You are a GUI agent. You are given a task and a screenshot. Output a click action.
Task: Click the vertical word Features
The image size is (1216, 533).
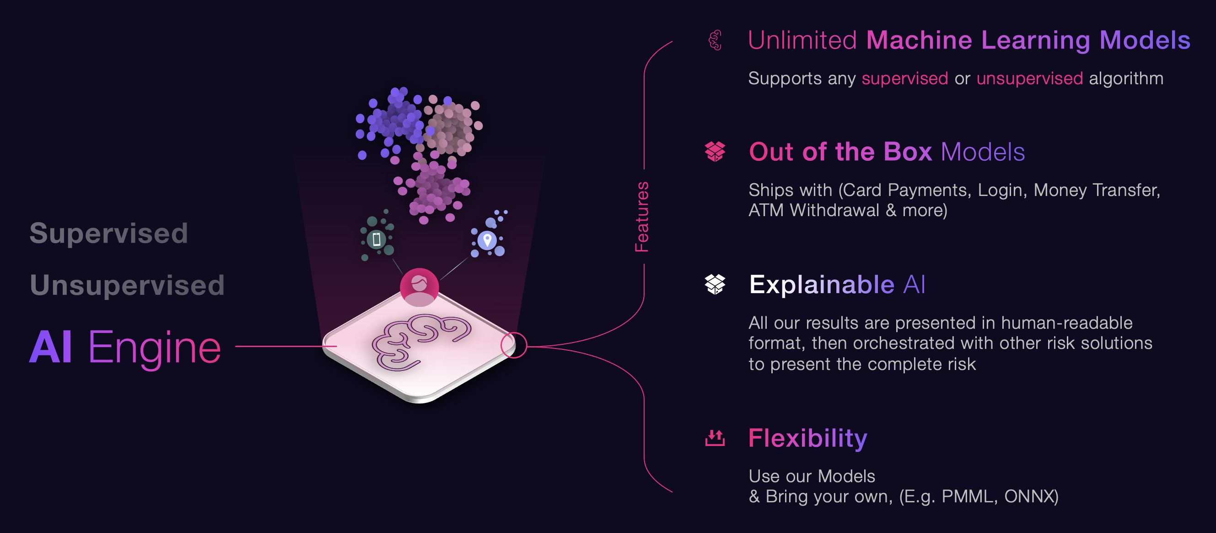pos(642,217)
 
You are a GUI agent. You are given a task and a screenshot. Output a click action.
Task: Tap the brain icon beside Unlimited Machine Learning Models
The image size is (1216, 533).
pos(715,40)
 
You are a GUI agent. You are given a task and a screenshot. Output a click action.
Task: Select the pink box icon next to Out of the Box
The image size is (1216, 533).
pos(715,152)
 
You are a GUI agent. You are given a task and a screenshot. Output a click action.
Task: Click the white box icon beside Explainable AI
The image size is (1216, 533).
pos(715,284)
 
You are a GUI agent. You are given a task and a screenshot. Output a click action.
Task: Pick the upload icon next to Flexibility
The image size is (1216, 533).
pos(715,438)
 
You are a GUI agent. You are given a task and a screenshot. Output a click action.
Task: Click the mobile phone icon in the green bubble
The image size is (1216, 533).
pos(376,239)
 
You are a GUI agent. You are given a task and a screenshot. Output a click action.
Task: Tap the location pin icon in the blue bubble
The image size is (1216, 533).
pos(487,240)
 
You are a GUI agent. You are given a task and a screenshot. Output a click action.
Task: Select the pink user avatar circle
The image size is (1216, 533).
pos(419,287)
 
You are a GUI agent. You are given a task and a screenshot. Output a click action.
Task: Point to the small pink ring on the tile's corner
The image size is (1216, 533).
pos(514,345)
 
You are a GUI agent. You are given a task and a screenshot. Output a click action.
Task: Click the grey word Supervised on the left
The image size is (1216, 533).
pos(108,234)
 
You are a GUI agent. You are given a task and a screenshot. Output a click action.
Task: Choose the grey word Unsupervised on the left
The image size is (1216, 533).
pos(127,285)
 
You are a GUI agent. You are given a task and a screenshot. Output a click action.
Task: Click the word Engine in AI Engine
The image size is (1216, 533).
pos(154,348)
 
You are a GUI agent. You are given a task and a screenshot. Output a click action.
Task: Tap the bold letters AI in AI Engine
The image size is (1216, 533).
pos(50,347)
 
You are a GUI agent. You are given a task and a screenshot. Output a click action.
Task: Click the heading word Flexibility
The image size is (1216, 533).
pos(807,438)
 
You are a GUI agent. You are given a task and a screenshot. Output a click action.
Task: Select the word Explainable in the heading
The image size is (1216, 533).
pos(821,284)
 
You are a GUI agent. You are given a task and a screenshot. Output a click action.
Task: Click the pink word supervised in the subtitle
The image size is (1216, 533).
pos(904,78)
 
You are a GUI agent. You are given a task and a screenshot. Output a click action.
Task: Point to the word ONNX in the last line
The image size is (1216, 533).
pos(1030,497)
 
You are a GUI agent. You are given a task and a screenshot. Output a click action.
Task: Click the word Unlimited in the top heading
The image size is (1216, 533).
pos(802,40)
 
